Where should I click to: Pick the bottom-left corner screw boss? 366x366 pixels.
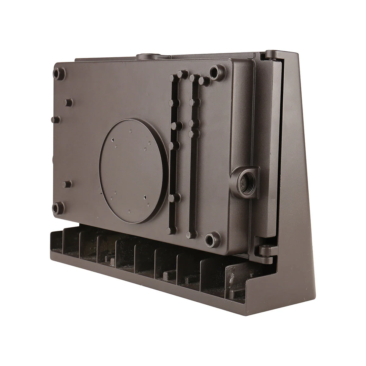coord(57,208)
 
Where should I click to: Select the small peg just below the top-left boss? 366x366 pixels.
coord(68,102)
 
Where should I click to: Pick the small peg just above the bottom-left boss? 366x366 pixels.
coord(67,184)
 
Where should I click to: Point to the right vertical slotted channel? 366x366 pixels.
coord(193,152)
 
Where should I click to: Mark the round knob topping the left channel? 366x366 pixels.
coord(182,74)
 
